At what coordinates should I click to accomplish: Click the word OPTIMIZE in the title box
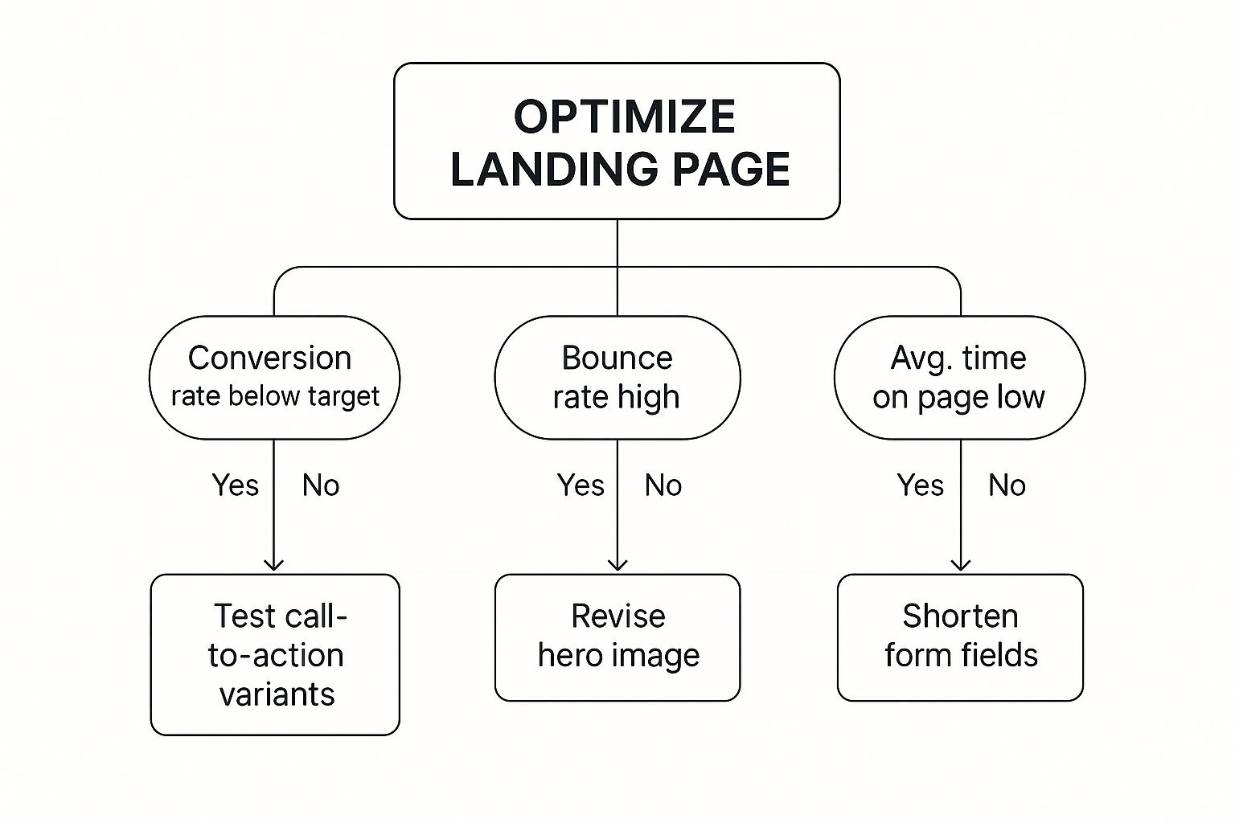(624, 117)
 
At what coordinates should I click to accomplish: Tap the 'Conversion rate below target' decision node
(274, 377)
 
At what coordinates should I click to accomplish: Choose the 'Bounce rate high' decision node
(617, 377)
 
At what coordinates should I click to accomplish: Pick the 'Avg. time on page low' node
(959, 377)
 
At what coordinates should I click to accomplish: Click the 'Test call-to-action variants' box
(275, 654)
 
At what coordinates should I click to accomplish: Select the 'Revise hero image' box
(617, 637)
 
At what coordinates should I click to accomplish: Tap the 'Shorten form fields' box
(960, 637)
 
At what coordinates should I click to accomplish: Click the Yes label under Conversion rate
(235, 485)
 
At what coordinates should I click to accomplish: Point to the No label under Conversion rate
(320, 485)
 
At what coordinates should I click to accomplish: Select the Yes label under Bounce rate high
(580, 485)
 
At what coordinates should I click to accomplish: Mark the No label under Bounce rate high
(663, 485)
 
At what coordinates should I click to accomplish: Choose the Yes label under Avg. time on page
(920, 485)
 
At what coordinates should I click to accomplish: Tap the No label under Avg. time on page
(1007, 485)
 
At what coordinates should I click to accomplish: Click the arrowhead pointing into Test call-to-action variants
(274, 564)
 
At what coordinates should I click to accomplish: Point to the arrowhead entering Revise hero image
(617, 564)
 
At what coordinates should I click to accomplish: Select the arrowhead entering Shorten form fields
(961, 564)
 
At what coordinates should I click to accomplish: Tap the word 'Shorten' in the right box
(960, 616)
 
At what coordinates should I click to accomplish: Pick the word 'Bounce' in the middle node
(617, 358)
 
